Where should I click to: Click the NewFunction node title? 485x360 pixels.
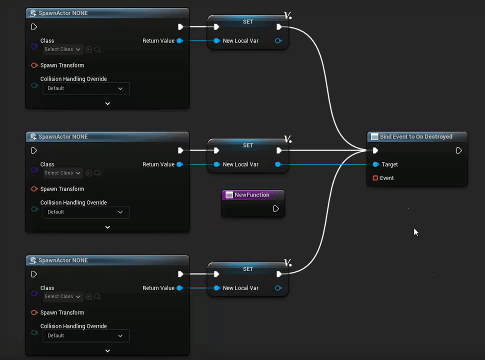click(x=252, y=195)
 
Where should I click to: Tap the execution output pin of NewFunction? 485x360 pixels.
click(x=276, y=208)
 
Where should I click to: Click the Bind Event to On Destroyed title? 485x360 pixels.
click(x=416, y=136)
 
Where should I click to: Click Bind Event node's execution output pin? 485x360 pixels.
click(x=459, y=150)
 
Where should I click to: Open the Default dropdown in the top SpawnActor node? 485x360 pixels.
click(x=85, y=88)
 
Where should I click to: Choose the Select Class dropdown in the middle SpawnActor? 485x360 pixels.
click(x=62, y=173)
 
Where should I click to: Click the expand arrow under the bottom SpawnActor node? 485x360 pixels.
click(x=107, y=351)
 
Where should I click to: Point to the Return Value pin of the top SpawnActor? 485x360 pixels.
click(x=179, y=41)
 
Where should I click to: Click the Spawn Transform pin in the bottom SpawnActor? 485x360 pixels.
click(x=34, y=312)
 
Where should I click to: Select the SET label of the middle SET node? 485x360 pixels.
click(x=248, y=145)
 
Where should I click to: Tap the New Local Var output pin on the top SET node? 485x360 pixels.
click(x=278, y=41)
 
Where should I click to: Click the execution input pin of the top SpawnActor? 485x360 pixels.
click(x=34, y=27)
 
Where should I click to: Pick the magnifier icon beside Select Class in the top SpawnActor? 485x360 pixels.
click(x=97, y=49)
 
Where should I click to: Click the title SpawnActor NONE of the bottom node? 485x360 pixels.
click(x=63, y=260)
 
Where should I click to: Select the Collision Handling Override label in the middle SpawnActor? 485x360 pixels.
click(x=73, y=202)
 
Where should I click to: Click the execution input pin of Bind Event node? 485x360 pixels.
click(x=375, y=150)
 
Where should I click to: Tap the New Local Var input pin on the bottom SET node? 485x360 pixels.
click(x=216, y=288)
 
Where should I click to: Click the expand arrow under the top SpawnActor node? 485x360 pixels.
click(x=107, y=103)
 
